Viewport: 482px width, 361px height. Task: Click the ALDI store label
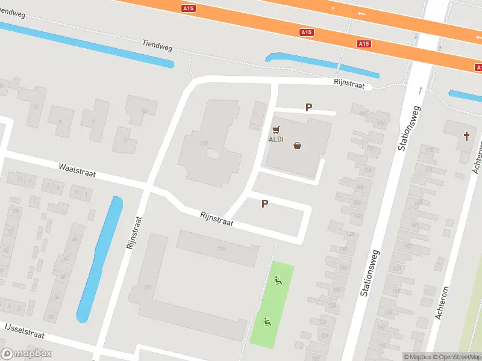(x=275, y=140)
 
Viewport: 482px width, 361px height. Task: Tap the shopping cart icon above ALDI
(x=277, y=129)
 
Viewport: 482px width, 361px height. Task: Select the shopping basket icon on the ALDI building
(x=297, y=145)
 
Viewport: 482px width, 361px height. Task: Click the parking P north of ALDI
(x=309, y=108)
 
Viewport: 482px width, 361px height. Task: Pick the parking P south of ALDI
(x=264, y=204)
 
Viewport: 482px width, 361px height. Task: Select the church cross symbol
(x=466, y=135)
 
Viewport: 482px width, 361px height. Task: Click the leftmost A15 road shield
(x=189, y=8)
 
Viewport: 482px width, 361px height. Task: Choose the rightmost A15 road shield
(x=363, y=43)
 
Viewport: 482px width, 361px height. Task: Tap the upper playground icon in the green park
(x=278, y=279)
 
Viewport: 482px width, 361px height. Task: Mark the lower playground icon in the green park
(x=267, y=321)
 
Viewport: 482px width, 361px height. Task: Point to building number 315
(x=204, y=143)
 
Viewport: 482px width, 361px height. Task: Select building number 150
(x=221, y=248)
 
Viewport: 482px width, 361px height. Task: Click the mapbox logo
(x=27, y=354)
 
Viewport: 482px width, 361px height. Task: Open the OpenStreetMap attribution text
(x=455, y=356)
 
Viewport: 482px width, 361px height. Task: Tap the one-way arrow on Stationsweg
(x=421, y=91)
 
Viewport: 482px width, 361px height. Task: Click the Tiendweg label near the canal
(x=157, y=43)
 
